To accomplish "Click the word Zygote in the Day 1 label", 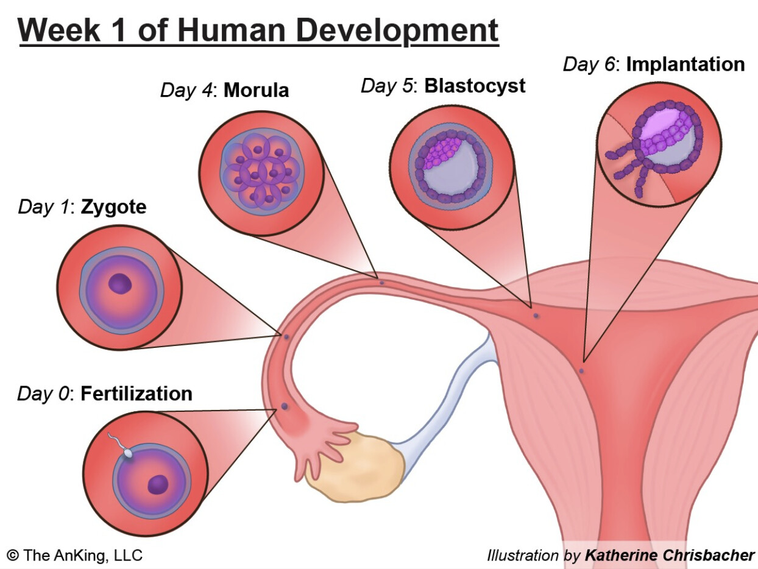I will tap(113, 207).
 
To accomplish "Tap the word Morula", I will tap(256, 91).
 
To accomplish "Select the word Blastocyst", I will tap(475, 86).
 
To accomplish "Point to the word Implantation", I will tap(685, 64).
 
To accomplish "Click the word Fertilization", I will tap(136, 394).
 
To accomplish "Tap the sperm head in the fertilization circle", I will tap(128, 453).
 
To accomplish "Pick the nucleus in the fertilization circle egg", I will tap(158, 484).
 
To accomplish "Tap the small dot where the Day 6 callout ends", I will tap(581, 370).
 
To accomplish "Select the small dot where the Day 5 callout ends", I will tap(536, 316).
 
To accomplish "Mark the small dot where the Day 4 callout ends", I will tap(382, 283).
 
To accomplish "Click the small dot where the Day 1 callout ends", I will tap(286, 337).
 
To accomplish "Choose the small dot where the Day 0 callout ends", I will tap(284, 406).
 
